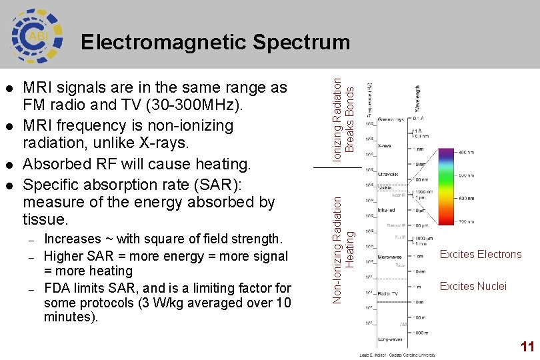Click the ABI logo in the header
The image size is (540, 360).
[x=37, y=34]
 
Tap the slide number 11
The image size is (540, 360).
[x=527, y=347]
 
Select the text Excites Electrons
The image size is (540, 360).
[x=481, y=254]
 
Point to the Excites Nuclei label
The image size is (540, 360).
[x=473, y=287]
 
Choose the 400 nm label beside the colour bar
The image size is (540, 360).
[x=467, y=153]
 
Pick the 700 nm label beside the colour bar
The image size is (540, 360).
[x=467, y=221]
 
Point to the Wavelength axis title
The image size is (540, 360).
[x=418, y=98]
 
